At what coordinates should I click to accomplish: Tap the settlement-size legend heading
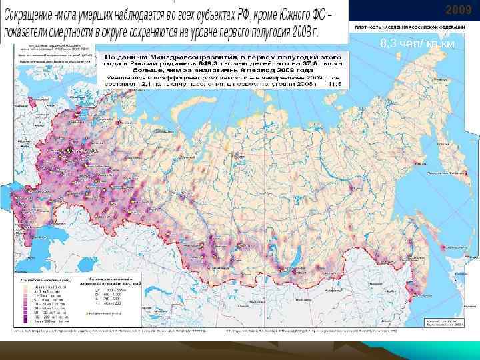(x=110, y=281)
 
